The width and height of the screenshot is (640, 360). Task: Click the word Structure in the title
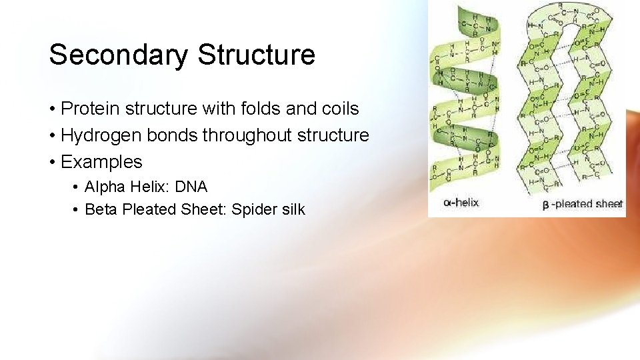coord(256,55)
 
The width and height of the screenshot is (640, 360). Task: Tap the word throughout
coord(247,135)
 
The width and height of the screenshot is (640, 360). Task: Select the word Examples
coord(101,162)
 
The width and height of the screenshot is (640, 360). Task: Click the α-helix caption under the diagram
coord(461,202)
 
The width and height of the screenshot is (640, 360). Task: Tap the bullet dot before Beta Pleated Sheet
coord(77,210)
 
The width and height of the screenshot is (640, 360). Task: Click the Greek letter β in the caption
coord(545,205)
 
